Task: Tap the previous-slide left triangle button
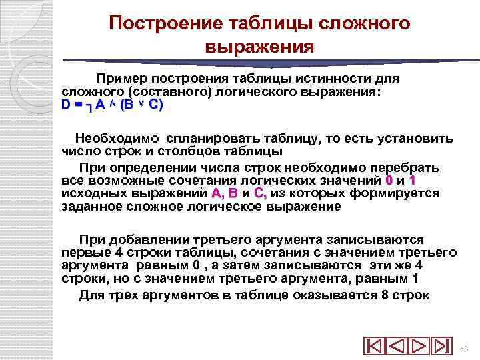coord(397,347)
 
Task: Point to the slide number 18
coord(465,349)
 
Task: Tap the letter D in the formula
coord(65,105)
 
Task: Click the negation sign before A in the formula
coord(89,106)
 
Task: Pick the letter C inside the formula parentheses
coord(153,105)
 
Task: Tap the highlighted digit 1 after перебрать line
coord(413,181)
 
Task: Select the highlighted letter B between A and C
coord(233,193)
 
